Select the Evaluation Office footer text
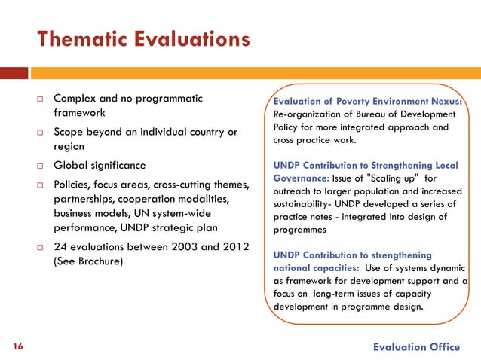coord(416,346)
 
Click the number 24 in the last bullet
coord(61,248)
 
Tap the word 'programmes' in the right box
coord(298,230)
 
